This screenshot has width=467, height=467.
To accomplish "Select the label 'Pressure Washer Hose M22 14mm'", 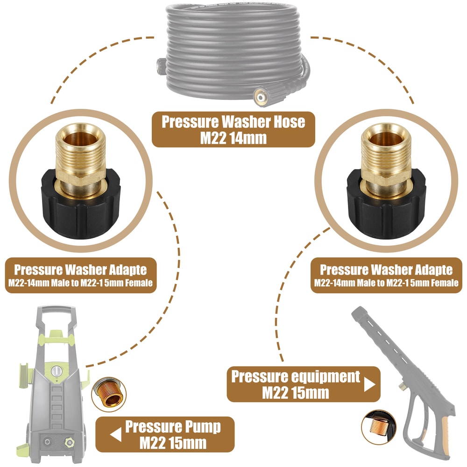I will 233,129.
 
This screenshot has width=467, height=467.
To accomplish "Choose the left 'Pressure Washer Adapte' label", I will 80,275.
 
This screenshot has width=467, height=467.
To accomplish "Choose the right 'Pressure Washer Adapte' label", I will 386,275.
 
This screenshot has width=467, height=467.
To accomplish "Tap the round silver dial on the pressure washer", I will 56,372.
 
